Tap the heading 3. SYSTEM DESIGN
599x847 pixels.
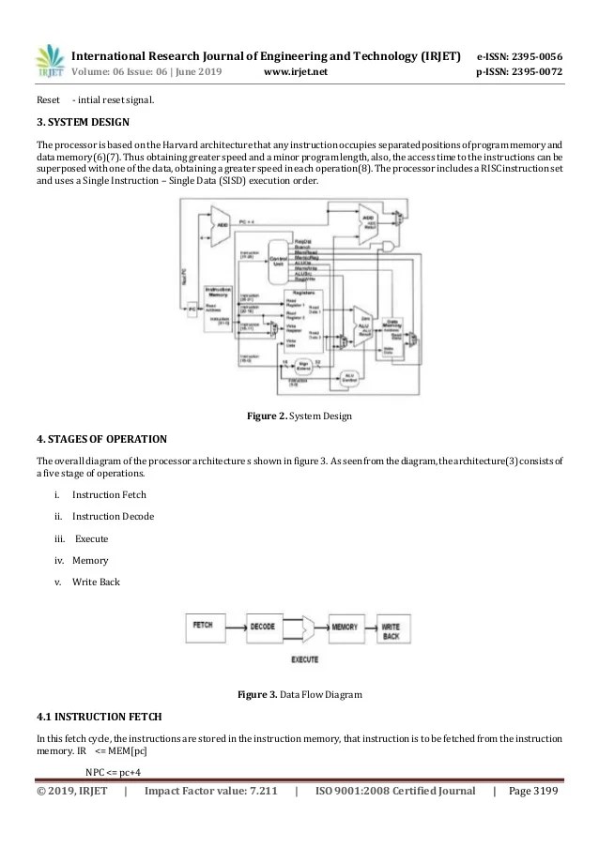(83, 122)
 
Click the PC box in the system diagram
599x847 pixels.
(192, 308)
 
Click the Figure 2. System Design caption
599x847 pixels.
(299, 416)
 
